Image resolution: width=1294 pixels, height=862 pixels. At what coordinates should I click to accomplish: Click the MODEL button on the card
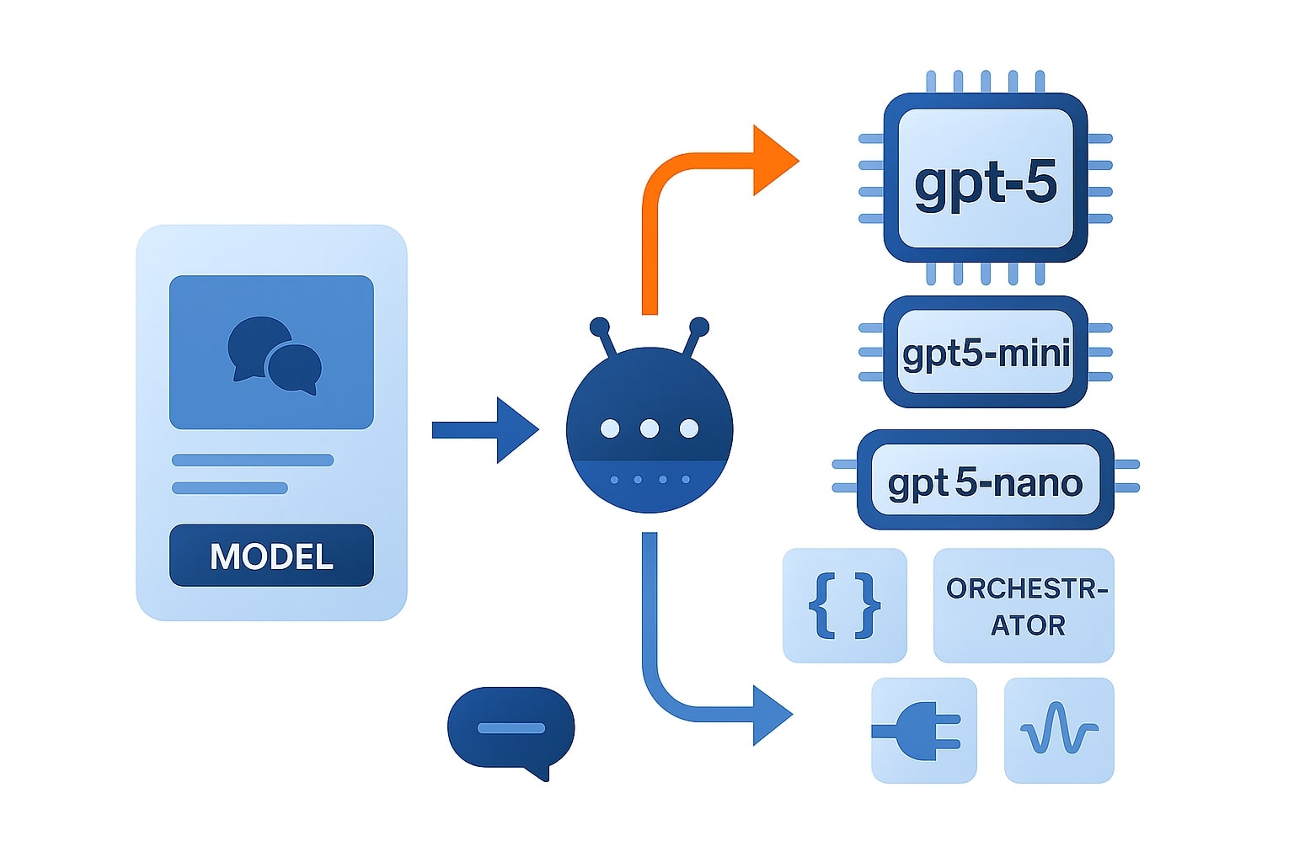(271, 556)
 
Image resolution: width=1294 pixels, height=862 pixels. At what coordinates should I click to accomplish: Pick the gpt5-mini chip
(985, 352)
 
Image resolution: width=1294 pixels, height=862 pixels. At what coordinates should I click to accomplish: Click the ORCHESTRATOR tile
(1024, 605)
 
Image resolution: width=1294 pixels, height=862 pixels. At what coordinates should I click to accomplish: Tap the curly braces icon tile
(844, 605)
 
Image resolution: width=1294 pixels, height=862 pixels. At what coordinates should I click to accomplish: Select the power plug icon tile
(923, 730)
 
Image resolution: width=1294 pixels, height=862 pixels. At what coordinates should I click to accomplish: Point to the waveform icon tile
(1059, 730)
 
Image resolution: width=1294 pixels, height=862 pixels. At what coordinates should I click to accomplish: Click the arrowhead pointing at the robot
(515, 430)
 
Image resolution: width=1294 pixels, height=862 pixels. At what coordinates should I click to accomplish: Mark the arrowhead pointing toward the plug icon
(770, 715)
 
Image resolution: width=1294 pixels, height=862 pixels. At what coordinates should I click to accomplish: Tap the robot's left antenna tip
(600, 327)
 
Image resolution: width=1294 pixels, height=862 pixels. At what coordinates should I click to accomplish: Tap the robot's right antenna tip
(698, 327)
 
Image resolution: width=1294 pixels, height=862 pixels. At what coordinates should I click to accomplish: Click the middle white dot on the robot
(649, 429)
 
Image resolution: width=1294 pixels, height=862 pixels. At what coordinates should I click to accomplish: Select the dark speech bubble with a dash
(511, 728)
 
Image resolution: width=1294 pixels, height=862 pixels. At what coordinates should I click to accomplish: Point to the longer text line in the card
(253, 460)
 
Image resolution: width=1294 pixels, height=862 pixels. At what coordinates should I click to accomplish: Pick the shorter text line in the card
(230, 488)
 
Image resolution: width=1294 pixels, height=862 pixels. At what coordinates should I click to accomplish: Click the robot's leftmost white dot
(610, 429)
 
